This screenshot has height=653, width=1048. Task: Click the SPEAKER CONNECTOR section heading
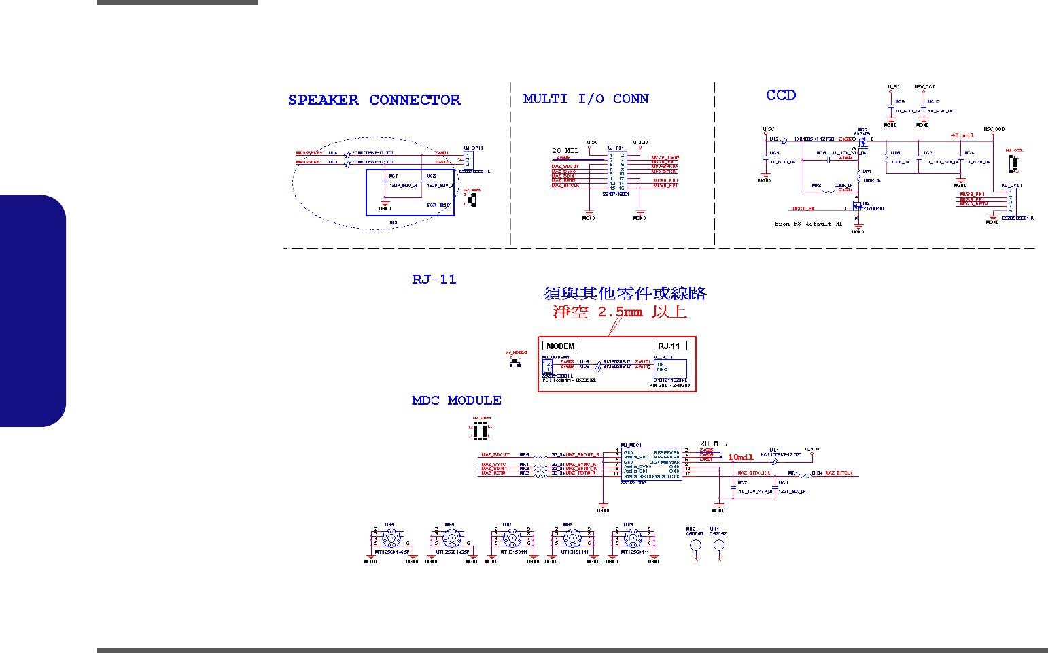(374, 100)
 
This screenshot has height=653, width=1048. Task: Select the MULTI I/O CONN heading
(586, 99)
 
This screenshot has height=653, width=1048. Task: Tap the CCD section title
(781, 95)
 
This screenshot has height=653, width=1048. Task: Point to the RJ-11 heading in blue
(434, 280)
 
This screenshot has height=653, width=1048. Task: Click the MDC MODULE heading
(456, 401)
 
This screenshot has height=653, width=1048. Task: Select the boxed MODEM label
(561, 346)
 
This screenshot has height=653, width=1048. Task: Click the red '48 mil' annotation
(962, 135)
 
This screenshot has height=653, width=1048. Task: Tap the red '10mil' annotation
(740, 457)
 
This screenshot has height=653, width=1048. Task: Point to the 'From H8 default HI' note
(808, 224)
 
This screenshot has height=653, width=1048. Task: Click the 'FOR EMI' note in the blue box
(437, 205)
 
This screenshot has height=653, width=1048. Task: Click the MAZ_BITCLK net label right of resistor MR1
(839, 473)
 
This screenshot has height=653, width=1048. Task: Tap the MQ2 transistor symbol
(862, 143)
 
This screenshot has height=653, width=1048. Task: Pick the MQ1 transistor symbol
(858, 205)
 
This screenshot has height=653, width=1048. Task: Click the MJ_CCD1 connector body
(1011, 201)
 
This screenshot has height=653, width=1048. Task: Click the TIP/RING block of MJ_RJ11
(669, 368)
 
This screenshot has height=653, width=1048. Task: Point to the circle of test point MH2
(695, 546)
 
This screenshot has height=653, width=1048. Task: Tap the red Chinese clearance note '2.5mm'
(620, 312)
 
